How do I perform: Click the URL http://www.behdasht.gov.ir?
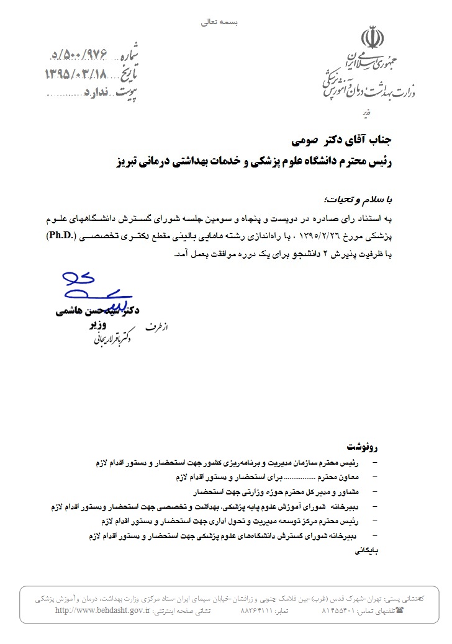click(102, 610)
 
